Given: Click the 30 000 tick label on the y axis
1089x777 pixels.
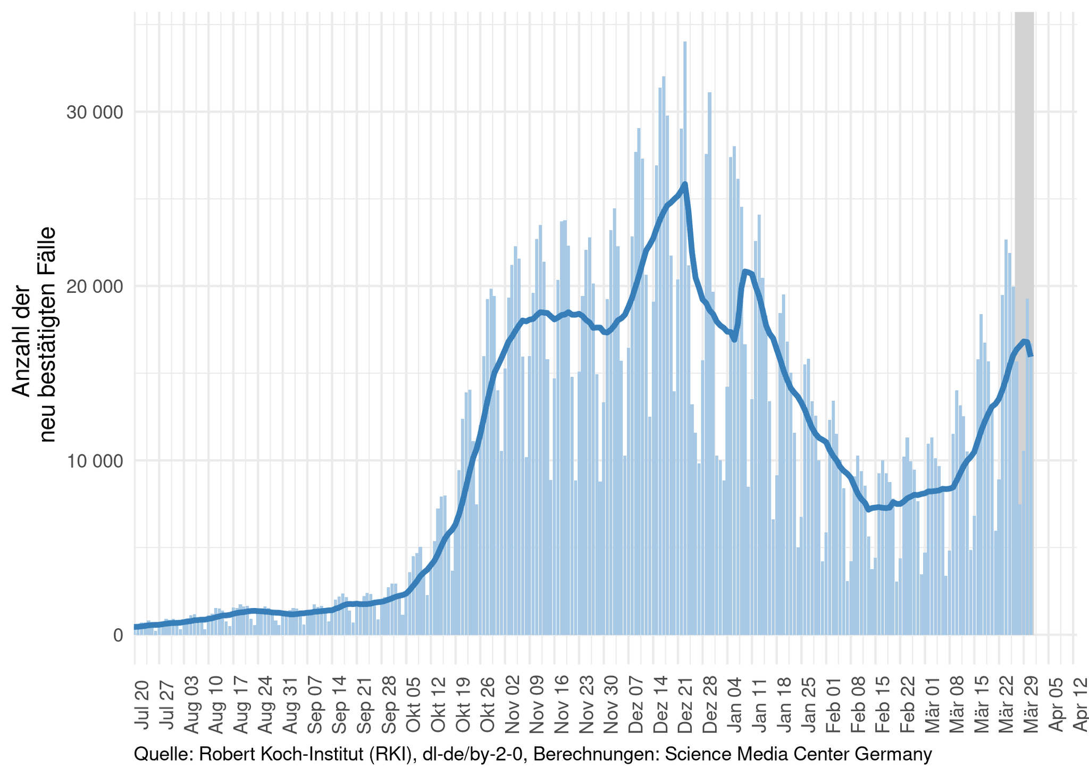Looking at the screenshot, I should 94,113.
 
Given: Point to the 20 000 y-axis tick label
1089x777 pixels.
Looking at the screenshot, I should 94,286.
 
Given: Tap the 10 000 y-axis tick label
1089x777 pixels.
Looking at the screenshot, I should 94,461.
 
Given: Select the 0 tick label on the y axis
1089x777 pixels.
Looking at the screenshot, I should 118,635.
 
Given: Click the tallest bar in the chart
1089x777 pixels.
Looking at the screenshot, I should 685,340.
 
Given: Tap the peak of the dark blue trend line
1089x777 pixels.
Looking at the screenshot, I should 685,184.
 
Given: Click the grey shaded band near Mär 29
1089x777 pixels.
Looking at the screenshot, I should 1024,159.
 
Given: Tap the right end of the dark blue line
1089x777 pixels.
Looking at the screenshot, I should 1031,355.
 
